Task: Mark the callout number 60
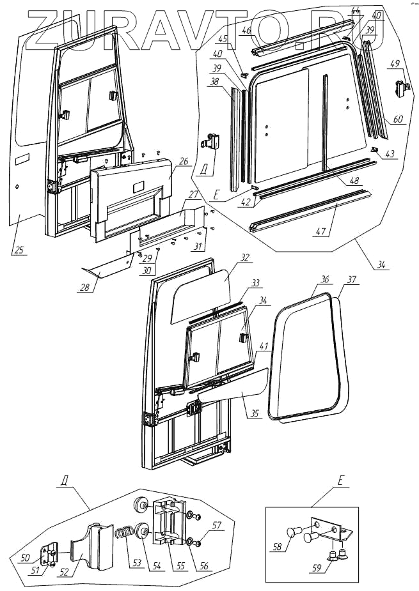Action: (x=398, y=119)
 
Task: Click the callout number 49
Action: (x=393, y=63)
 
